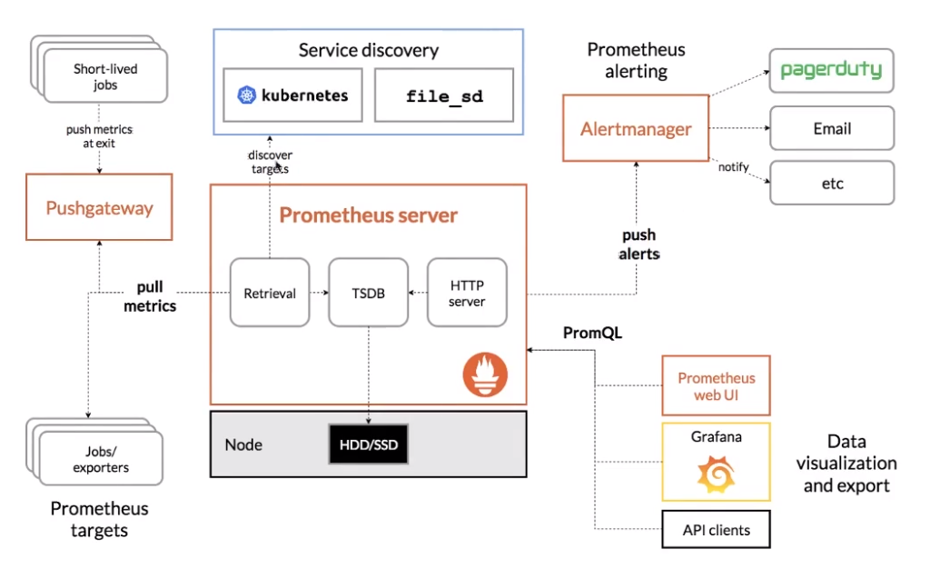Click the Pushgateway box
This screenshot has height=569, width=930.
99,207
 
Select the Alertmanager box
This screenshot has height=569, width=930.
636,128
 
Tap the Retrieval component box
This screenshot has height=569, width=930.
270,293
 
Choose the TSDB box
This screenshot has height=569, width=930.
369,293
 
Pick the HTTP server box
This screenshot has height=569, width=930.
467,293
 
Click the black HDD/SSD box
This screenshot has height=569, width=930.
369,444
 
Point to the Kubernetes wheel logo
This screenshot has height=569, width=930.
246,95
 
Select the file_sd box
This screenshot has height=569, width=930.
444,95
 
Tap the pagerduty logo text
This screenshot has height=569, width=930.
831,70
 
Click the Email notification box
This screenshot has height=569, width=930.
832,128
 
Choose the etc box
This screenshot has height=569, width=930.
832,183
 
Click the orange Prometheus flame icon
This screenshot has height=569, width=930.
485,374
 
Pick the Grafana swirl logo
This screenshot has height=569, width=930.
716,474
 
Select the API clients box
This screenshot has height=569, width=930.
716,529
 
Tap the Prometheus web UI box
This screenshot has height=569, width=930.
716,385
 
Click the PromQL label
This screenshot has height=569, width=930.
592,333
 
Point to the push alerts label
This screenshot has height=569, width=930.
638,245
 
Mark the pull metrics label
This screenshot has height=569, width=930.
150,296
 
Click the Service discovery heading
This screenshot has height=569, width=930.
369,50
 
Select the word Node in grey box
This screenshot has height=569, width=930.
243,444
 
